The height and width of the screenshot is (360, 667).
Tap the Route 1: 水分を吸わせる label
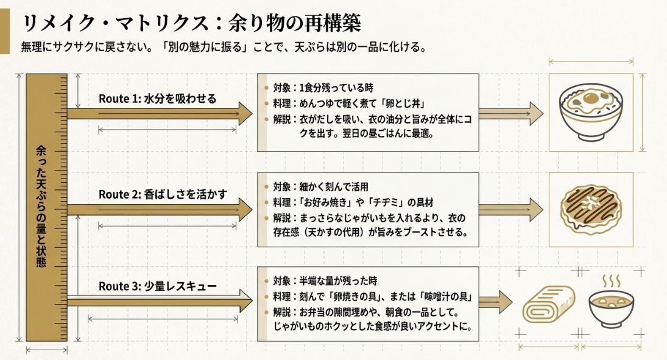pos(157,99)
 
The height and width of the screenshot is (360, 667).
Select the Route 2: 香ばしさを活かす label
pos(163,194)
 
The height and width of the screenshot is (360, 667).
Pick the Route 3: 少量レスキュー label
pos(157,286)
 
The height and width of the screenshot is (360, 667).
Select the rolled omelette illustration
pos(549,305)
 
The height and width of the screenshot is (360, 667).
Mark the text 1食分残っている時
pos(336,89)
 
